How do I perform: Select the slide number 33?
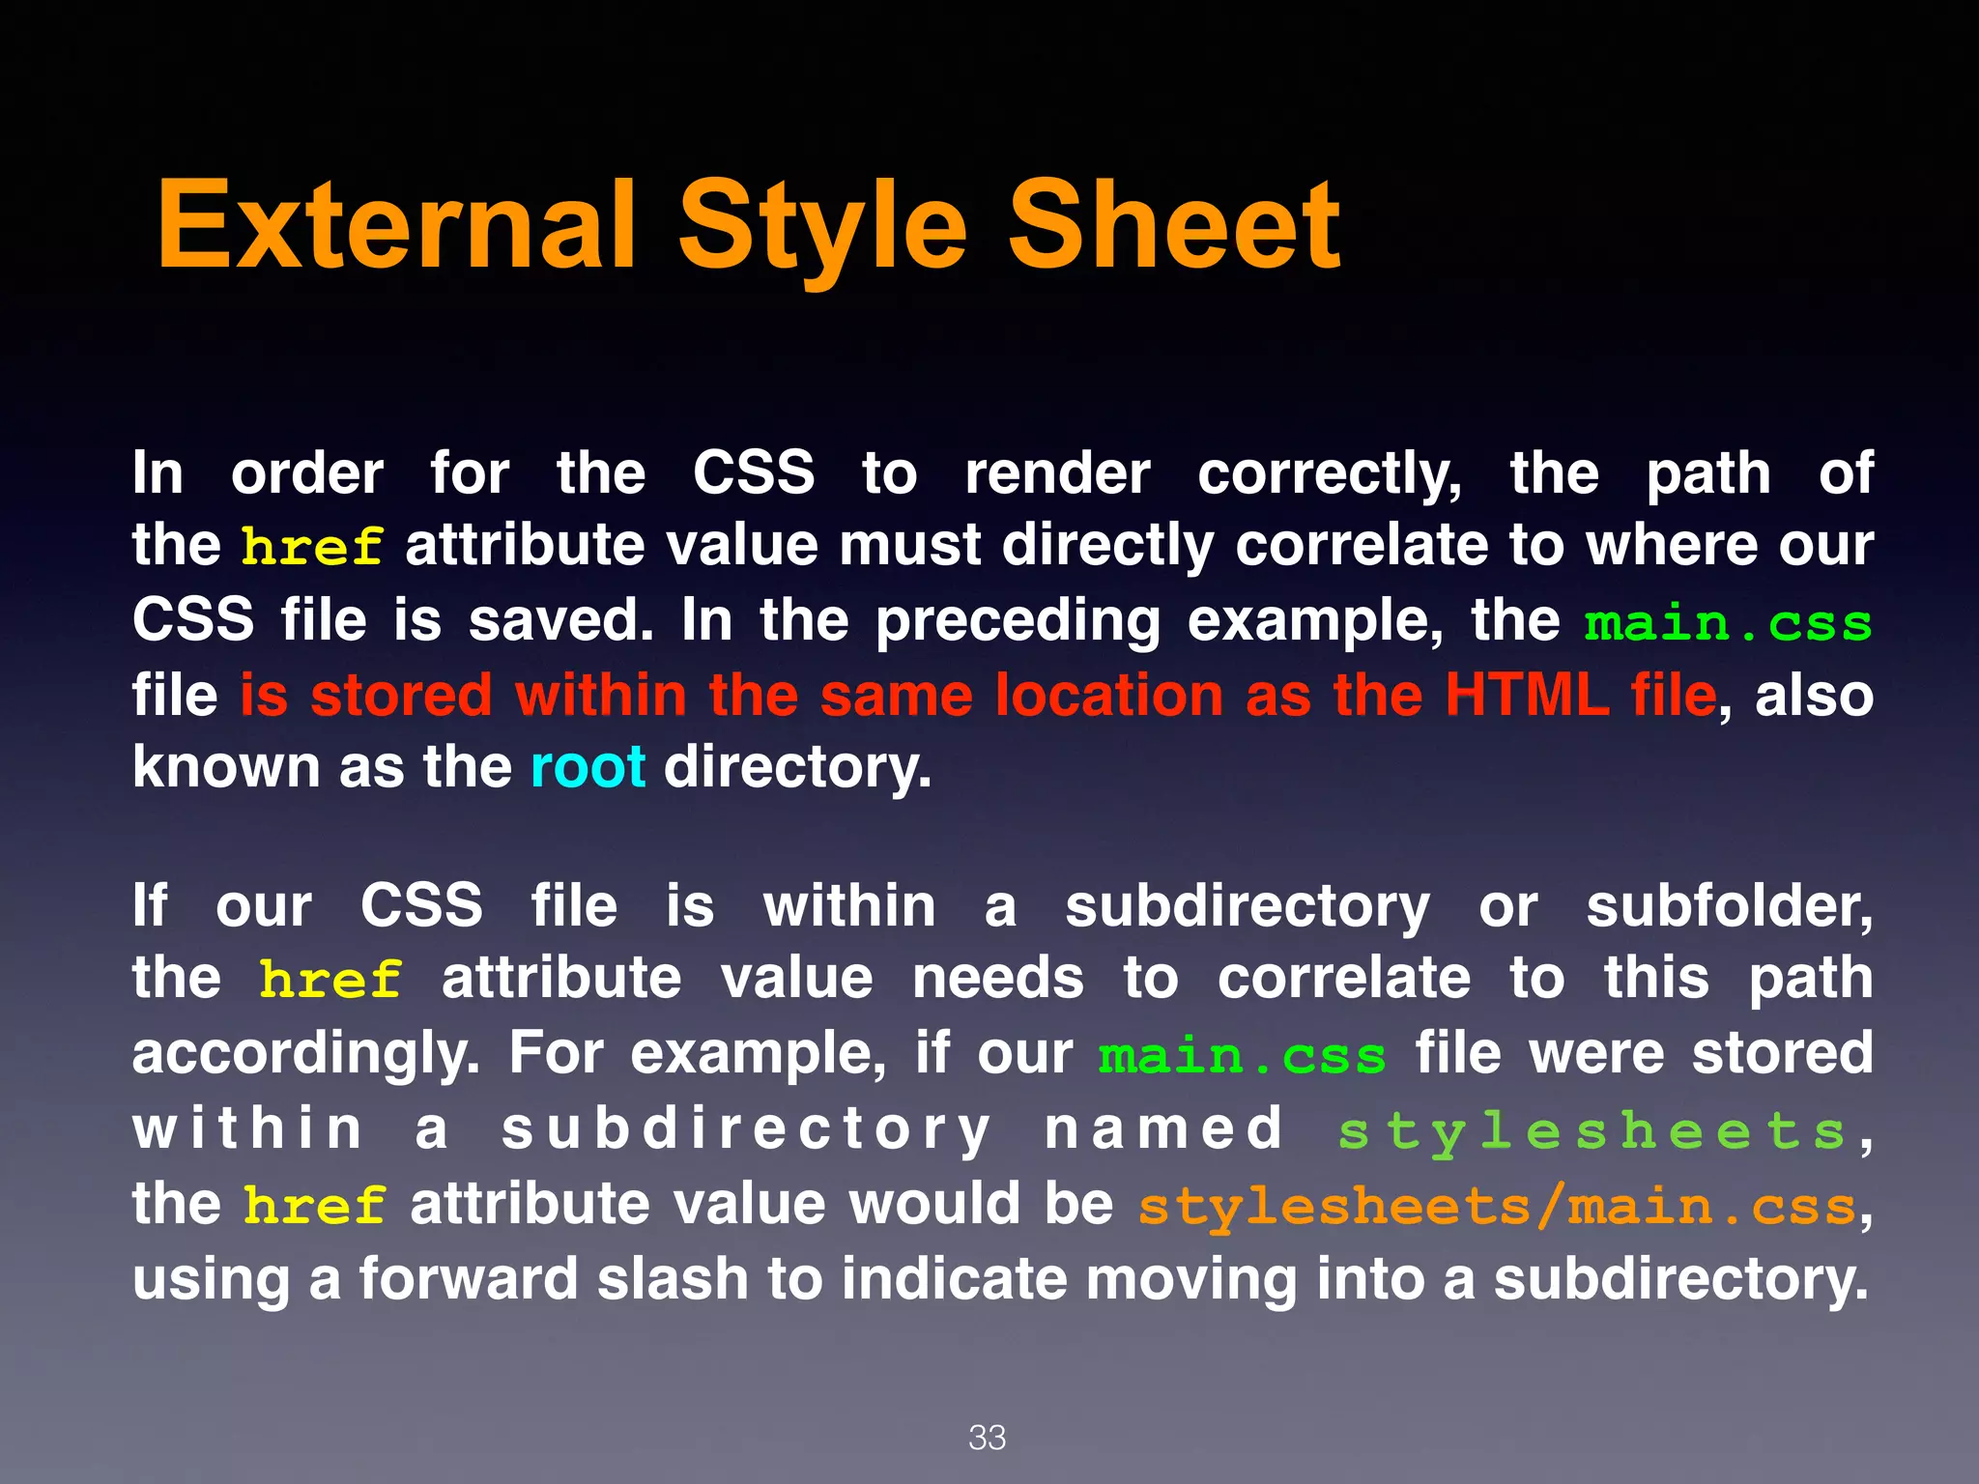987,1437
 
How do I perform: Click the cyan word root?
588,767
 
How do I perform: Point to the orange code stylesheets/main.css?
1497,1207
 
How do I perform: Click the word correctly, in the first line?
1330,474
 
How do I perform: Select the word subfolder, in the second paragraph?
1729,907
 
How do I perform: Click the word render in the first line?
1057,474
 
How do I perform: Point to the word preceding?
1018,621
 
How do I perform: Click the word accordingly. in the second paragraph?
305,1054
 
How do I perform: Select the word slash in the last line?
673,1278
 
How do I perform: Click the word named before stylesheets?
1163,1128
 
